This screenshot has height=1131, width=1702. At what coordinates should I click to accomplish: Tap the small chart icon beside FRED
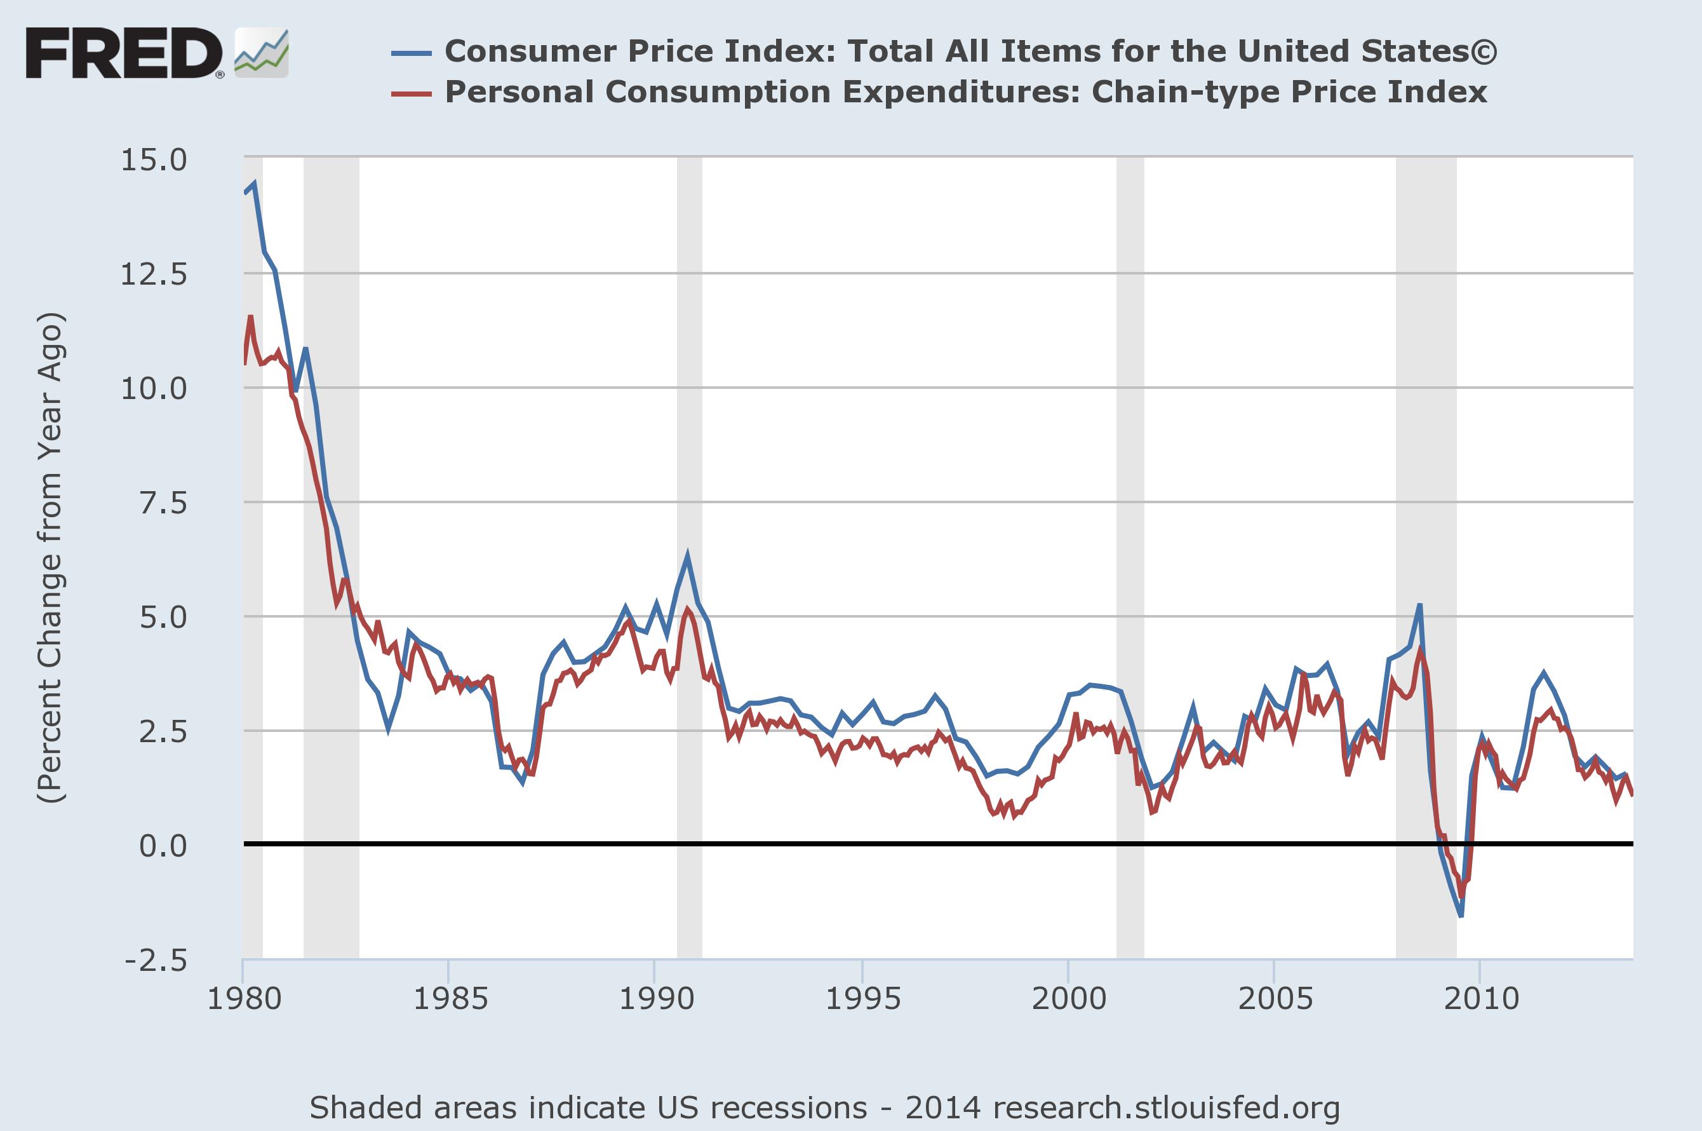pyautogui.click(x=262, y=53)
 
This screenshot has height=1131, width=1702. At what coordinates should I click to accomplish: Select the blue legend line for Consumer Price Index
pyautogui.click(x=412, y=53)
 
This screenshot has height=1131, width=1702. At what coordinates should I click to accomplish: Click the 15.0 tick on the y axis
pyautogui.click(x=154, y=159)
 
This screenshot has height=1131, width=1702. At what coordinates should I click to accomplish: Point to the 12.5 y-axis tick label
pyautogui.click(x=154, y=274)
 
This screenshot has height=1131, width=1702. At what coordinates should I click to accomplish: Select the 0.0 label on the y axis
pyautogui.click(x=163, y=844)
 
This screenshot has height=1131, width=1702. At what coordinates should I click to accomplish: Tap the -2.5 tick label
pyautogui.click(x=156, y=960)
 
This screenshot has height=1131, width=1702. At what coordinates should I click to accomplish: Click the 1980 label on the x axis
pyautogui.click(x=244, y=999)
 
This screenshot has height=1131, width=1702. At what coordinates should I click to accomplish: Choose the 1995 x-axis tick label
pyautogui.click(x=862, y=999)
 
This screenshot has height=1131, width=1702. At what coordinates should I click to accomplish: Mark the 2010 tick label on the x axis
pyautogui.click(x=1480, y=999)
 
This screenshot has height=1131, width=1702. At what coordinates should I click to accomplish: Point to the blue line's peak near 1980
pyautogui.click(x=255, y=183)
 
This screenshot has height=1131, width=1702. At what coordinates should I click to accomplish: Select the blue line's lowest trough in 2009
pyautogui.click(x=1461, y=916)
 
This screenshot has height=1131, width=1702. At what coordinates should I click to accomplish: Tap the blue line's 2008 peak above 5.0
pyautogui.click(x=1419, y=604)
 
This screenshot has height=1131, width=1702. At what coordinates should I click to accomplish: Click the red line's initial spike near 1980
pyautogui.click(x=250, y=316)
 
